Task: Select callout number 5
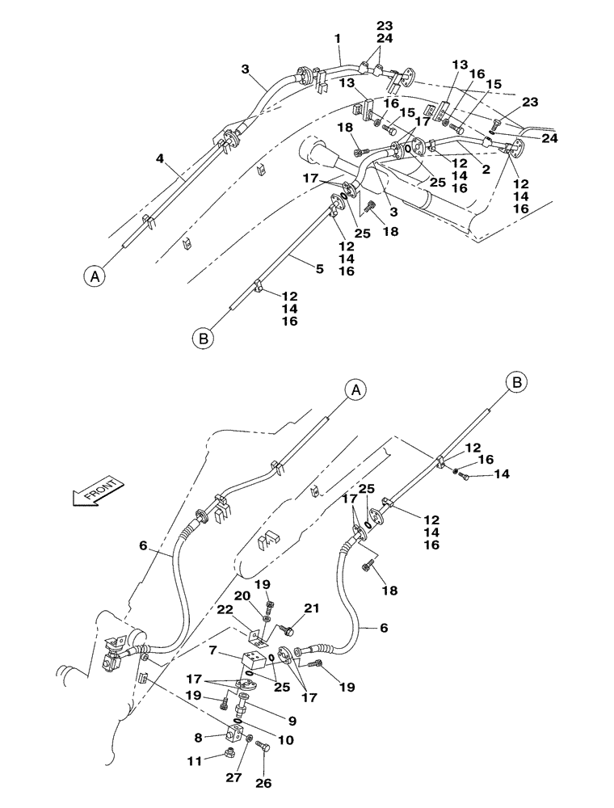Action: [320, 268]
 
